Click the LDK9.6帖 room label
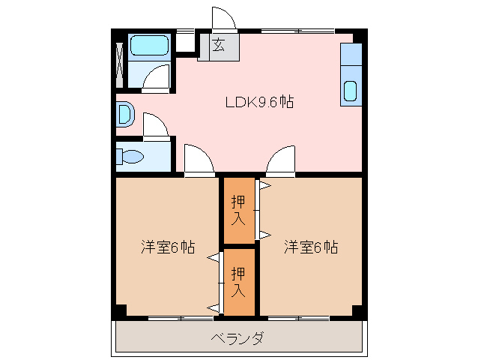click(259, 103)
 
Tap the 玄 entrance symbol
click(219, 46)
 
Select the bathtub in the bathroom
click(150, 47)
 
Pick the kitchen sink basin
click(351, 91)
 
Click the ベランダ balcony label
click(238, 339)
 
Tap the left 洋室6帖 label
click(168, 247)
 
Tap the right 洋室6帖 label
click(310, 247)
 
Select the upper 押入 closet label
click(238, 210)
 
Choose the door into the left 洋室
click(199, 159)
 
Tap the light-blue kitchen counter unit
click(351, 74)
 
